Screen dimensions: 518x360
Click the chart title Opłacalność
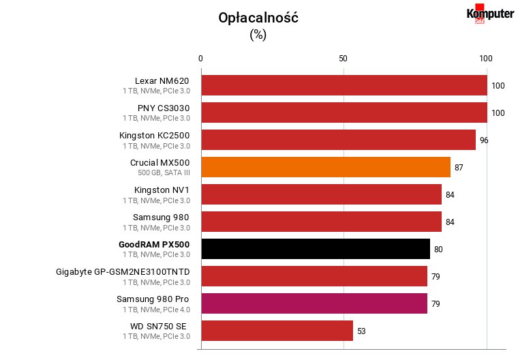click(x=258, y=18)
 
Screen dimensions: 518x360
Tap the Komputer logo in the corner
click(x=490, y=14)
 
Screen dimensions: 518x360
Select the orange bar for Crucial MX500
click(x=326, y=167)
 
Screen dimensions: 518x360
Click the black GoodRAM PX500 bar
click(x=316, y=249)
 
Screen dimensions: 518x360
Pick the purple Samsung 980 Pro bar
click(x=314, y=303)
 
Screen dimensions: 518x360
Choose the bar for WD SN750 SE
click(x=277, y=331)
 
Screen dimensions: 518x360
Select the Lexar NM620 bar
click(x=344, y=85)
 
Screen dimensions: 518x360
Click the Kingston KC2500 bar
click(x=339, y=140)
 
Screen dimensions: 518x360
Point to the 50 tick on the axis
click(x=343, y=59)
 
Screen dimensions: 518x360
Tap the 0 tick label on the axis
click(x=200, y=59)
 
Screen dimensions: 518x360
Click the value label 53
click(x=361, y=331)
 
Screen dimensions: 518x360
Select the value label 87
click(x=459, y=167)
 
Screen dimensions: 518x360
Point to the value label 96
click(x=484, y=140)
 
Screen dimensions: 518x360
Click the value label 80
click(x=438, y=250)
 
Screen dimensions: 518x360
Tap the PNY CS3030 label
click(x=164, y=108)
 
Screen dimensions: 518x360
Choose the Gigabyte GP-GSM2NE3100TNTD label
click(x=123, y=272)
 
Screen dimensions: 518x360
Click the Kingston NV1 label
click(x=162, y=190)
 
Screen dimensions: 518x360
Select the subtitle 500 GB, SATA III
click(x=164, y=172)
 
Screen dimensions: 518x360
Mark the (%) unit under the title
click(x=258, y=34)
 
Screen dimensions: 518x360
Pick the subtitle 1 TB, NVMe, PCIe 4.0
click(x=157, y=310)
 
